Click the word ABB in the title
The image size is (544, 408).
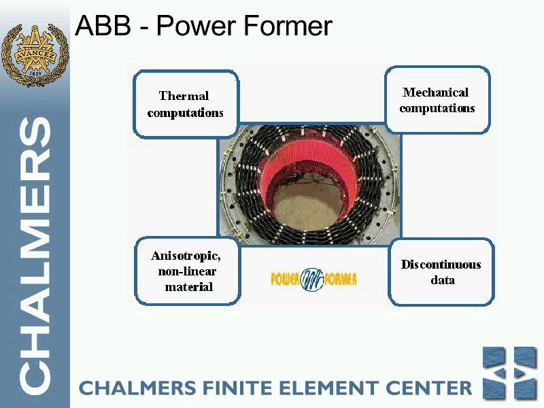click(x=103, y=25)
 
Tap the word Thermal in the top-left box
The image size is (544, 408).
click(x=184, y=96)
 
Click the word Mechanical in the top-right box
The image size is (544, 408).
click(x=436, y=92)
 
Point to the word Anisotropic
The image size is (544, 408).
click(x=186, y=256)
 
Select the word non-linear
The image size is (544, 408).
click(x=188, y=271)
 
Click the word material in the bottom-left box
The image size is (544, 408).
click(x=189, y=287)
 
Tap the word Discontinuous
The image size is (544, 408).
click(x=441, y=265)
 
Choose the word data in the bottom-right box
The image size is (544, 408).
click(x=443, y=280)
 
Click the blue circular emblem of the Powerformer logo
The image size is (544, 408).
click(x=312, y=279)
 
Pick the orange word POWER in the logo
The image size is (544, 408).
click(x=285, y=279)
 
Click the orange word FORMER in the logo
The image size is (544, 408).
click(x=341, y=279)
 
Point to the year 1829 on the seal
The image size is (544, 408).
click(x=35, y=73)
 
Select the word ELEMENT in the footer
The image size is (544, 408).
click(x=329, y=388)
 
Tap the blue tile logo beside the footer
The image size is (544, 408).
click(x=510, y=373)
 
